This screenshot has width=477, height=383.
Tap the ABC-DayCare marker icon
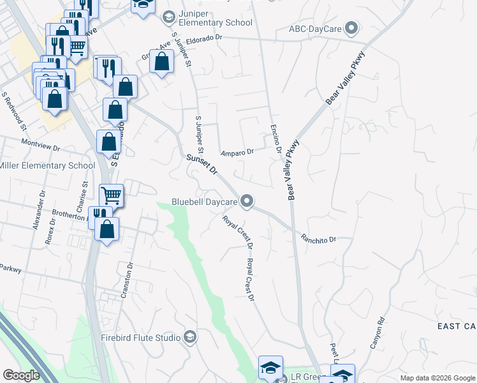[351, 28]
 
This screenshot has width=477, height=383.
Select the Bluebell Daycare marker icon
[248, 202]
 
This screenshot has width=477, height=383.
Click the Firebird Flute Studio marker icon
[189, 337]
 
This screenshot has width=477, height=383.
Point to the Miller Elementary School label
[47, 166]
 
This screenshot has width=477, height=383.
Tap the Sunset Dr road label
[202, 165]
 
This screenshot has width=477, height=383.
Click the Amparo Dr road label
[237, 152]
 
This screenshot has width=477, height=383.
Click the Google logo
[22, 375]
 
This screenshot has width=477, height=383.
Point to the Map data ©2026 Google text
[437, 378]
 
